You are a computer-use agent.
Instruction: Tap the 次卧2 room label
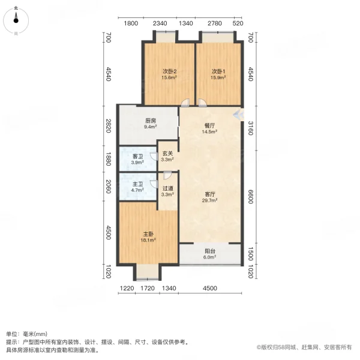coord(169,71)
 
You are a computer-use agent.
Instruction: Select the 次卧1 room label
coord(217,71)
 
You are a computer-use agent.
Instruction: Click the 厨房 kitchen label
coord(151,120)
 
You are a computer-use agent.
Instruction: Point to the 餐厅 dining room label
coord(210,126)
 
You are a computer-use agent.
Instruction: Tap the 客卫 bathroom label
coord(137,157)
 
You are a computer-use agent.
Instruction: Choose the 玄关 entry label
coord(167,153)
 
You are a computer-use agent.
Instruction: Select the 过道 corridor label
coord(167,187)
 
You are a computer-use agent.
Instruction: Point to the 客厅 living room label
coord(210,194)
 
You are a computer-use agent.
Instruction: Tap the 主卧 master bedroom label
coord(149,234)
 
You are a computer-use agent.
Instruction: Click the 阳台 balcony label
coord(210,251)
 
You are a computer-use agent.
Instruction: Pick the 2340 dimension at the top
coord(160,23)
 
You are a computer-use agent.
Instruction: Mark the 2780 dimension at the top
coord(214,23)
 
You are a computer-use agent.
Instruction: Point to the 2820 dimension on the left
coord(109,126)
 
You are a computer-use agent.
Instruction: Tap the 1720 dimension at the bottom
coord(147,289)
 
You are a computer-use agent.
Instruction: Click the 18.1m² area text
coord(149,241)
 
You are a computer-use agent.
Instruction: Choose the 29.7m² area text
coord(210,201)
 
